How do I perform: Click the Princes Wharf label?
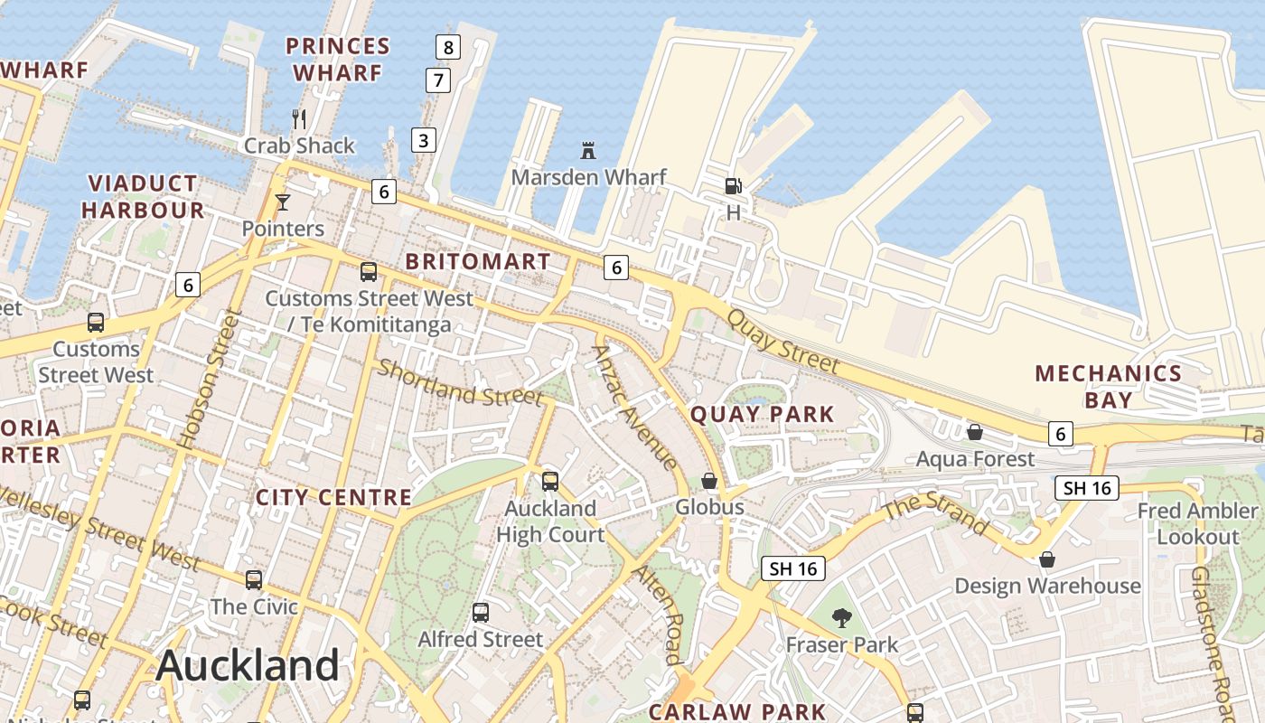[x=338, y=59]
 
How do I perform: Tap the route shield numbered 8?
[x=447, y=46]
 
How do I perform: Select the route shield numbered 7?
[x=438, y=80]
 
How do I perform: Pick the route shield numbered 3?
[x=423, y=140]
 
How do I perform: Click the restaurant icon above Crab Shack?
[x=299, y=118]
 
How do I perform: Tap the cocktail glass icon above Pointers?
[x=283, y=202]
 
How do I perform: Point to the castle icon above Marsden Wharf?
[x=588, y=150]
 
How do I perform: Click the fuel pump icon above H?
[x=733, y=185]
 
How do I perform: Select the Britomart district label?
[x=477, y=262]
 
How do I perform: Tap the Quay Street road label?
[x=783, y=342]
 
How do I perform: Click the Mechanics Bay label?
[x=1108, y=386]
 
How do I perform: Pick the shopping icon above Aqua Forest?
[x=975, y=432]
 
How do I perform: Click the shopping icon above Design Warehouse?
[x=1047, y=559]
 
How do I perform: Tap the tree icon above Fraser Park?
[x=842, y=618]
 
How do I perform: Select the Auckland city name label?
[x=248, y=666]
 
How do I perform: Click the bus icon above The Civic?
[x=254, y=579]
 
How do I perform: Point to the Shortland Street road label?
[x=460, y=383]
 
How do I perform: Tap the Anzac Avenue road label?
[x=635, y=408]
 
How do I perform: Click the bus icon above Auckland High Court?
[x=549, y=482]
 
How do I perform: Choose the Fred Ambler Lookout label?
[x=1198, y=523]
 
